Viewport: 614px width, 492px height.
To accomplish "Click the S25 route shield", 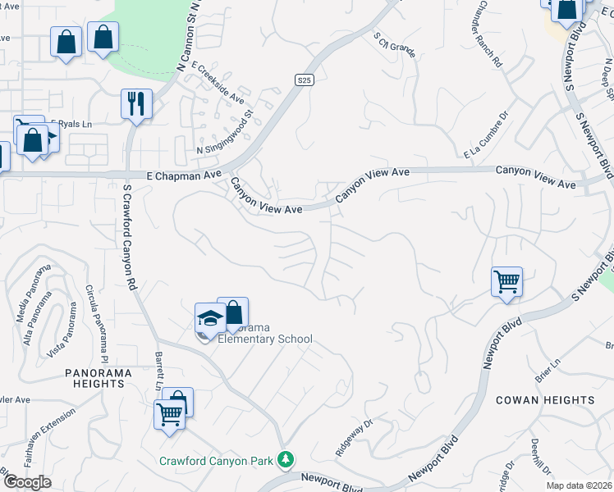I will (305, 80).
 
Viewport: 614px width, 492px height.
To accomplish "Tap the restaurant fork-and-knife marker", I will (135, 104).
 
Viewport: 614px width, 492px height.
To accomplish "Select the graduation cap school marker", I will (210, 318).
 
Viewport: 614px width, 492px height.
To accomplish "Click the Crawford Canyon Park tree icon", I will (286, 460).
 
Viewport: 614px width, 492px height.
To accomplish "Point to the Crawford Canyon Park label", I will (216, 461).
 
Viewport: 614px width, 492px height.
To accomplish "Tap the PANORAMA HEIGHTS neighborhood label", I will (99, 379).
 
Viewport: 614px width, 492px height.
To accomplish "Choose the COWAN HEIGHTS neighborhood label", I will (545, 400).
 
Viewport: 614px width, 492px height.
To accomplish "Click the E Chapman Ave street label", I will (184, 175).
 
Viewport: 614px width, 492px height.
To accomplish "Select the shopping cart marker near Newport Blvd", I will (507, 282).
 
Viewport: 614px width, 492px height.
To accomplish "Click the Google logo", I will (26, 482).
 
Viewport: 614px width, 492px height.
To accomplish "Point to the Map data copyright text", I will (581, 485).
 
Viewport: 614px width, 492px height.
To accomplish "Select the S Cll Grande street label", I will (394, 45).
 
